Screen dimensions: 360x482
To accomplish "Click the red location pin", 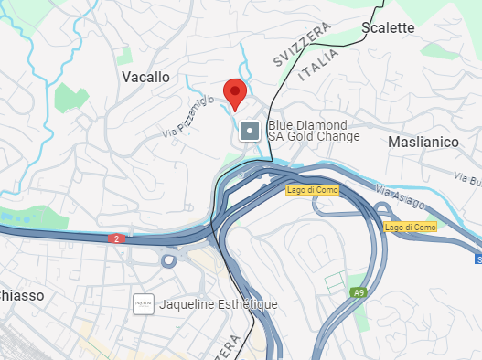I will point(235,93).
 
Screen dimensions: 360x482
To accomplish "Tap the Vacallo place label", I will point(145,78).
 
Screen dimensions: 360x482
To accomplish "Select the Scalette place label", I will point(388,27).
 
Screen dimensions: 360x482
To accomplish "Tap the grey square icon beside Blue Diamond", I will point(249,132).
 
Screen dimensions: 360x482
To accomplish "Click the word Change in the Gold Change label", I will point(333,137).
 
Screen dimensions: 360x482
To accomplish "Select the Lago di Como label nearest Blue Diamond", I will point(311,189).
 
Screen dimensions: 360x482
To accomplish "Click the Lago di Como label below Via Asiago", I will point(410,226).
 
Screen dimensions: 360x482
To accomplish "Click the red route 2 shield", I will point(114,238).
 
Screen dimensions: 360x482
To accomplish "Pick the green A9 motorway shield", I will point(359,292).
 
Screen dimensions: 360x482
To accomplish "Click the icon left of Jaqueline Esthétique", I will point(143,304).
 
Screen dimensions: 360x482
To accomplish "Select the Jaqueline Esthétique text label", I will point(219,304).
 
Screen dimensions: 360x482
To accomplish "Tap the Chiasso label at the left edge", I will point(17,295).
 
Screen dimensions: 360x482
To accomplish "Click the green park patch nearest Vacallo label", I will point(69,97).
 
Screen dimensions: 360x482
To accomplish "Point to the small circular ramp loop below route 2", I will point(168,261).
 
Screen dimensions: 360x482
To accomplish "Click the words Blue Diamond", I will point(307,125).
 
